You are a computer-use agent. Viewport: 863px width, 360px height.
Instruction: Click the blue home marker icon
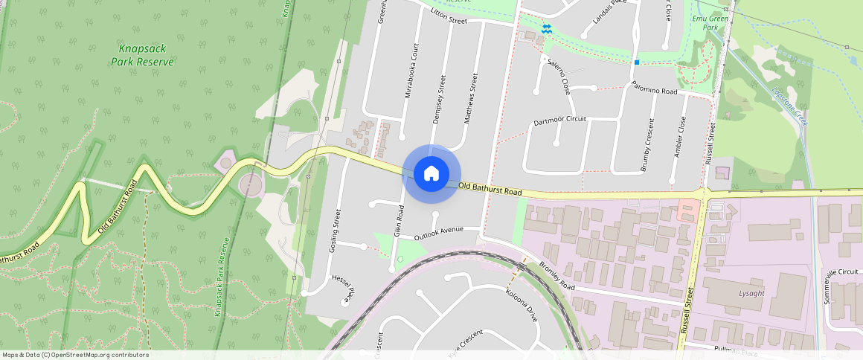coord(431,173)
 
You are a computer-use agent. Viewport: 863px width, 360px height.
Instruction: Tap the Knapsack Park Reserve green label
coord(142,55)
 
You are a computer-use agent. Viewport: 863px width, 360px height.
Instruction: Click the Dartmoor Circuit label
coord(559,120)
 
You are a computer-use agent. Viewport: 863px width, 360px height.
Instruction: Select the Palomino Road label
coord(655,89)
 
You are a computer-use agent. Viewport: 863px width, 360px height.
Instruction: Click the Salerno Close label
coord(559,77)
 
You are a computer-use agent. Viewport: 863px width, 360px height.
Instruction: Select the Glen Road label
coord(400,221)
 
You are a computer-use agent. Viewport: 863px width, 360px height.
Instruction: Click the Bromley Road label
coord(557,276)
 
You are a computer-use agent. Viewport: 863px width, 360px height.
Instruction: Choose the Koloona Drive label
coord(522,305)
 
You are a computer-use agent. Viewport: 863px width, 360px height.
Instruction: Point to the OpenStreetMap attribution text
coord(75,355)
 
